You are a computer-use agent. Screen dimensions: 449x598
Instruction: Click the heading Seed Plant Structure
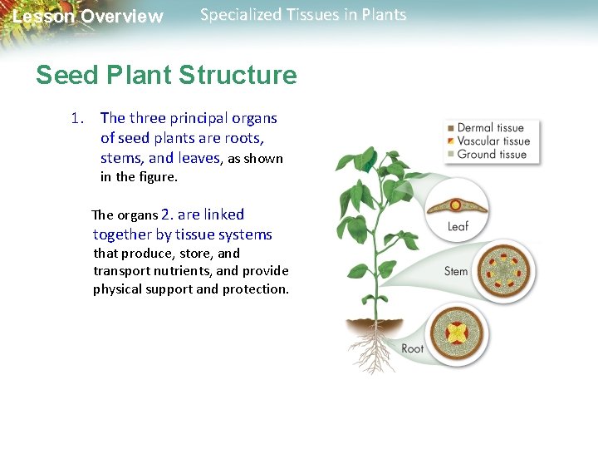166,76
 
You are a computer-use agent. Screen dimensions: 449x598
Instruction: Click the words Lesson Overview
88,17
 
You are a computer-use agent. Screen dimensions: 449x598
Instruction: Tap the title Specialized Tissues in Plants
303,15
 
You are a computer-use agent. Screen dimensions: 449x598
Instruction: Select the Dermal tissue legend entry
490,128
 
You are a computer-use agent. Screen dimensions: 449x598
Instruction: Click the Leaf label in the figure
458,226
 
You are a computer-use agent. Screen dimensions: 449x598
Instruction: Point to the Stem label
456,271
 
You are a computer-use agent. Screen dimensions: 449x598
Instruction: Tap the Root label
413,348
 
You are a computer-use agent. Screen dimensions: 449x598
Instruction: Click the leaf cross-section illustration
456,205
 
